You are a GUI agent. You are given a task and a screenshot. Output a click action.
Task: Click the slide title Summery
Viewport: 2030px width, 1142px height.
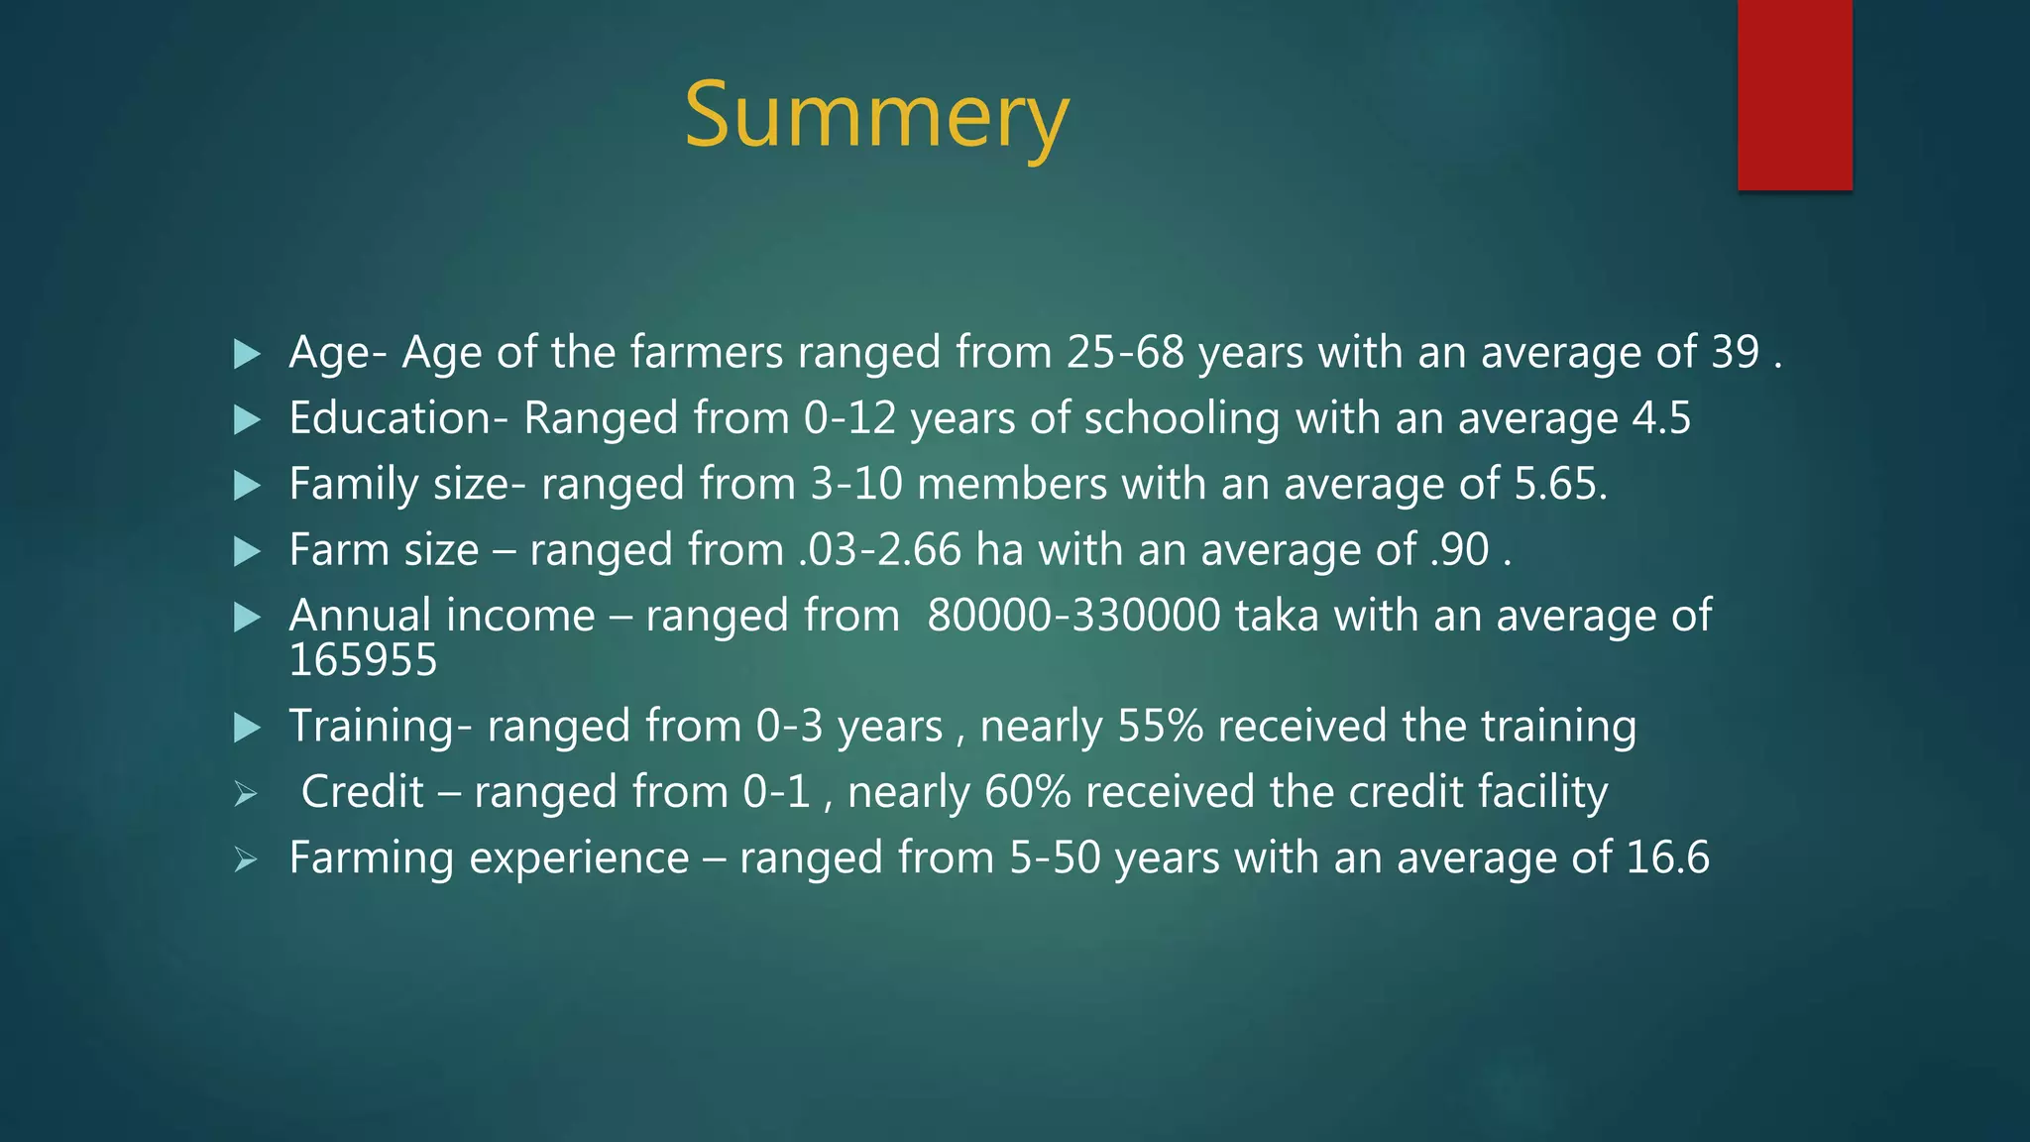click(876, 117)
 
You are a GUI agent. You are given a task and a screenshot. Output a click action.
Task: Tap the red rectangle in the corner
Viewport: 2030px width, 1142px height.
click(1794, 94)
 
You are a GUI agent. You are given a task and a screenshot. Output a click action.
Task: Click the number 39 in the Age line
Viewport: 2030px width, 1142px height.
click(1735, 352)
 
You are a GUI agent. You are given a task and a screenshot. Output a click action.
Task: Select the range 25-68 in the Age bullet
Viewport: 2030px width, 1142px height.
click(1125, 352)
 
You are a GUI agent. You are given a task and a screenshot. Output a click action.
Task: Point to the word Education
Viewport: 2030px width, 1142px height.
click(391, 417)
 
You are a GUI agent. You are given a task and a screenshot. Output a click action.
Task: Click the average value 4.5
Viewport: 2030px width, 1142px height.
click(1661, 417)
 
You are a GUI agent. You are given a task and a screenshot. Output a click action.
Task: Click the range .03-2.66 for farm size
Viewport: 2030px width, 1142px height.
click(879, 549)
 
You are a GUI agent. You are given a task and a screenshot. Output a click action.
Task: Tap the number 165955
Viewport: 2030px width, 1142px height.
click(363, 660)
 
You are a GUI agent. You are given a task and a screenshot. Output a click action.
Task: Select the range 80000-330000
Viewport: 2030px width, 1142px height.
click(1073, 616)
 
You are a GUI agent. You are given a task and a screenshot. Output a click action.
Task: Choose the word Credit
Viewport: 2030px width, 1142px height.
click(362, 792)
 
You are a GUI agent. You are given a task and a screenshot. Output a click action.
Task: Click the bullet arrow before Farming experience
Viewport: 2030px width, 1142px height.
click(246, 859)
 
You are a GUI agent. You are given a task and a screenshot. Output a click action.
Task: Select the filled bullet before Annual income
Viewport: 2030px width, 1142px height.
click(246, 618)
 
